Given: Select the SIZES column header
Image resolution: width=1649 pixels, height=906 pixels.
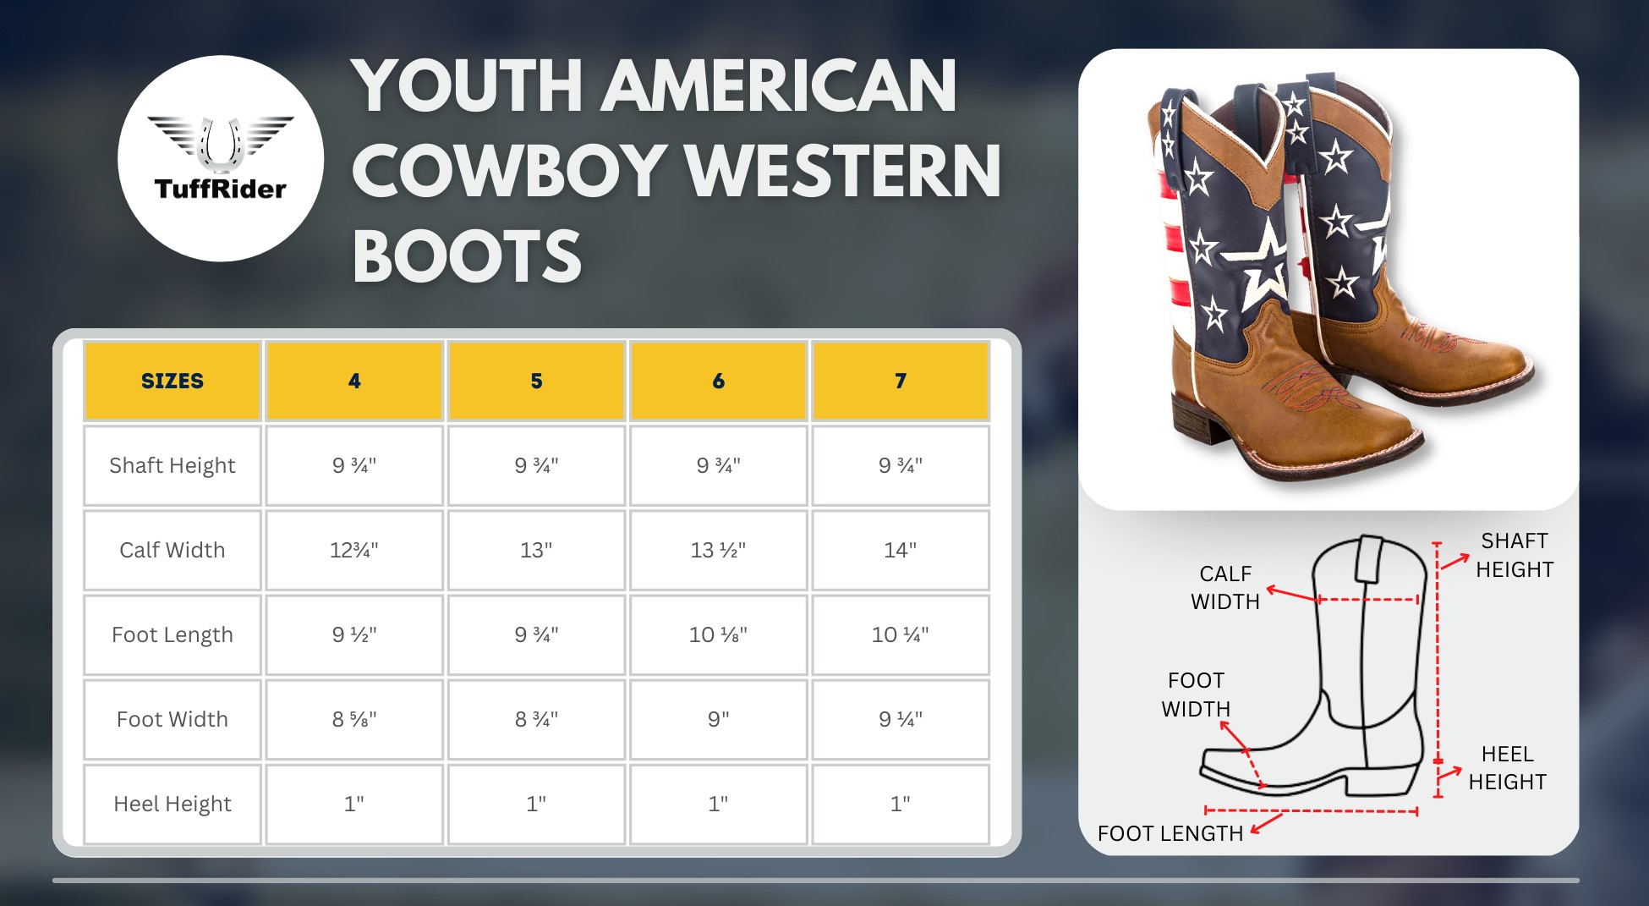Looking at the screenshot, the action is click(x=173, y=381).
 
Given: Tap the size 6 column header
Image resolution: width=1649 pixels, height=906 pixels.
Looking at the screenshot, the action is click(x=718, y=381).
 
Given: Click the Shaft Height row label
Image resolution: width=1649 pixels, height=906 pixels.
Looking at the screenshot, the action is click(x=173, y=465).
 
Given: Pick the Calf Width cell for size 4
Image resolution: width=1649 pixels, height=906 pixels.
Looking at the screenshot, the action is click(x=354, y=550).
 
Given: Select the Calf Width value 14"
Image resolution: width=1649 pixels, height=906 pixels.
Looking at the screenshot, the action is click(x=900, y=550).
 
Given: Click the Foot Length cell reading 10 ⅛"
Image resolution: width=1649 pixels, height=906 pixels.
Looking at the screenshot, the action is click(x=718, y=634).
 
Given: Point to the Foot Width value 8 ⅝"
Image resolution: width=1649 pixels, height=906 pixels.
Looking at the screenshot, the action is click(x=354, y=719).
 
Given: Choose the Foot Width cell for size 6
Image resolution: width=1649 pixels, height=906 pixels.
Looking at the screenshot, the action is click(x=718, y=719).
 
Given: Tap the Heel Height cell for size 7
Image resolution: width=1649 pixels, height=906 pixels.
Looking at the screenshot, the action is click(x=900, y=804).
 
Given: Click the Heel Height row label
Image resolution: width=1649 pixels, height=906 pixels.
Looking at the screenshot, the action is click(x=173, y=804).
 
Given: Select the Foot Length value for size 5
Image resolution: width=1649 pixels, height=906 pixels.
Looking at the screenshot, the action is click(x=536, y=634).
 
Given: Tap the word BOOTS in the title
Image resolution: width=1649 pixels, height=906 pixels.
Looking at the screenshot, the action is click(x=467, y=255).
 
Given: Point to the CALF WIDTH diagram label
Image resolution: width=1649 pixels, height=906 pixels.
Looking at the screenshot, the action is click(x=1225, y=587).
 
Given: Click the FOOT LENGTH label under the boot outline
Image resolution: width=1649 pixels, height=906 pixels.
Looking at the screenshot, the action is click(x=1170, y=833).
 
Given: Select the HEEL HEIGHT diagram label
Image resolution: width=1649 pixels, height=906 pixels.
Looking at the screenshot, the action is click(x=1508, y=767).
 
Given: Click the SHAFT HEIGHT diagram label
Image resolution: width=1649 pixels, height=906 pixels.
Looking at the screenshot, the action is click(x=1515, y=555).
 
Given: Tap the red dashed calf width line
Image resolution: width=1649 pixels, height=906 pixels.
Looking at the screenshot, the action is click(x=1368, y=600).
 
